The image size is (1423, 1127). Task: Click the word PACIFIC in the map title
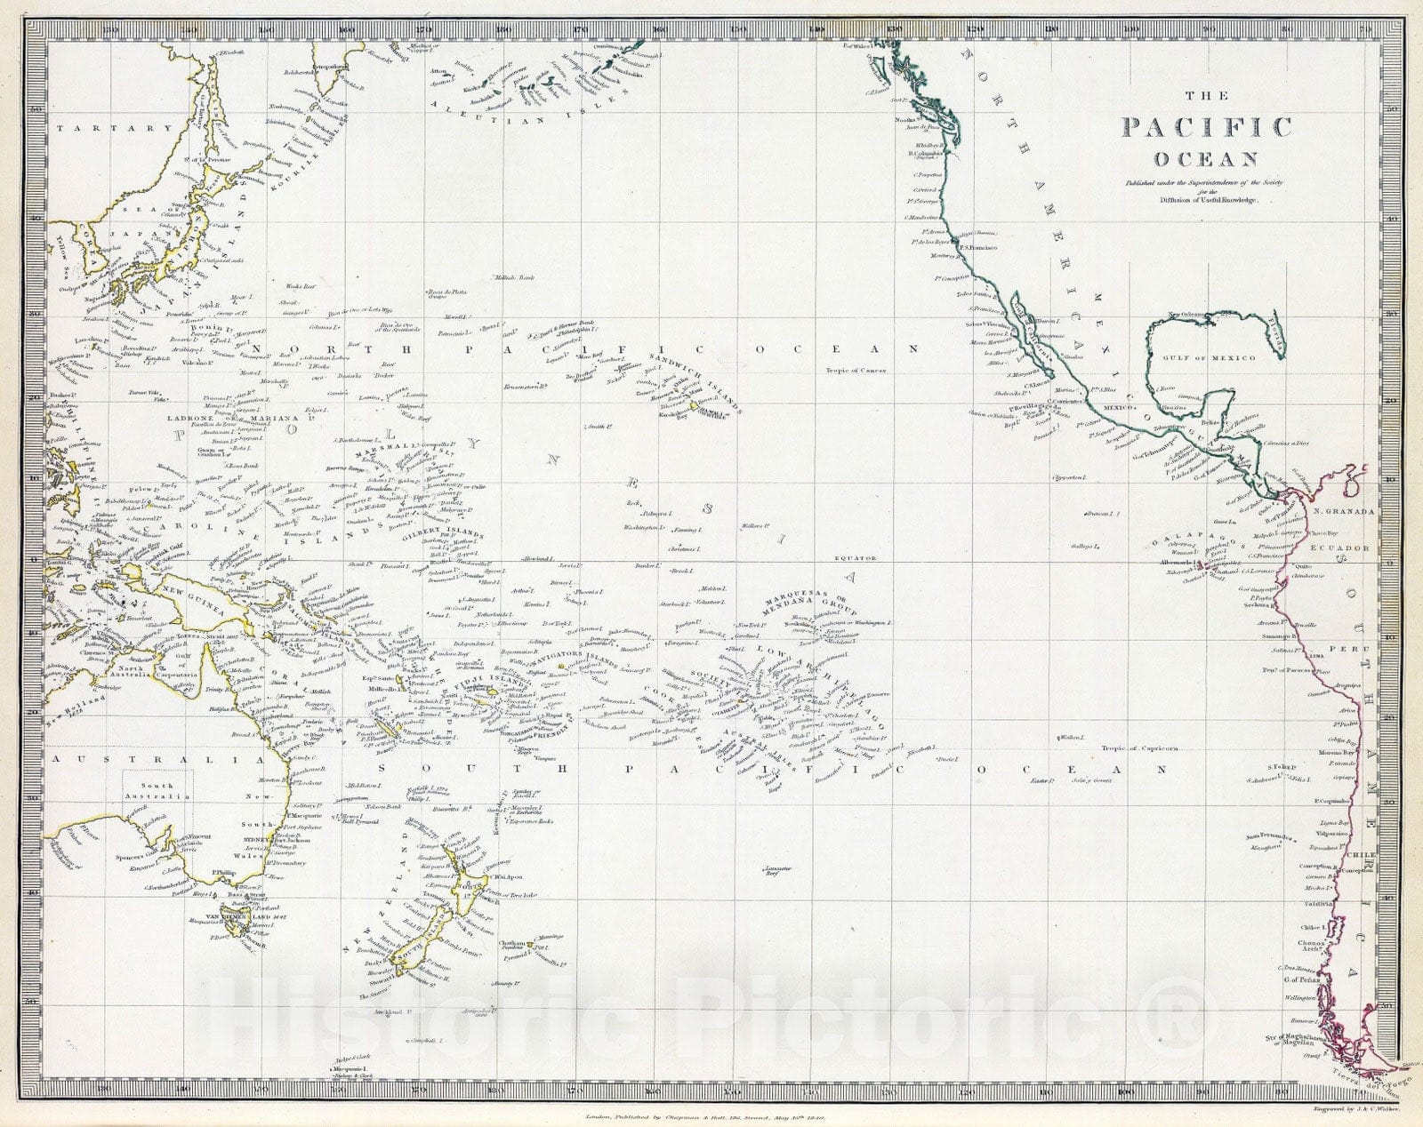1205,127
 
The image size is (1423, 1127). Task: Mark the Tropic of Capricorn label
1138,748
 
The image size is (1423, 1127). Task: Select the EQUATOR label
855,558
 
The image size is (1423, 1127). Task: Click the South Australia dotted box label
157,791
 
